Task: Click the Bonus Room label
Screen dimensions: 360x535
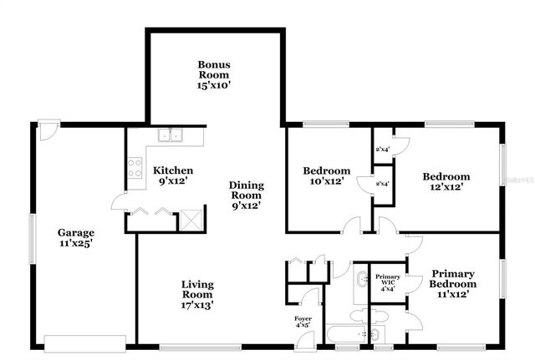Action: [x=214, y=74]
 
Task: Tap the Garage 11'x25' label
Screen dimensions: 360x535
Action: [x=75, y=238]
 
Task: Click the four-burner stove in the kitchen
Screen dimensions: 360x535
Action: [x=134, y=167]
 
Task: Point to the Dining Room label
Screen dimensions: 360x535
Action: [x=247, y=195]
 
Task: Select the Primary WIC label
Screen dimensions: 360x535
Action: [x=387, y=281]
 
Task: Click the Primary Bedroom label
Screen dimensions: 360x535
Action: [x=454, y=283]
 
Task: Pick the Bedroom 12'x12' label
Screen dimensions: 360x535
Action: [x=446, y=181]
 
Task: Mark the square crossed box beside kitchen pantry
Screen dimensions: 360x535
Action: [x=191, y=220]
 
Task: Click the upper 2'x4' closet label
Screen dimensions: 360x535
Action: [x=382, y=150]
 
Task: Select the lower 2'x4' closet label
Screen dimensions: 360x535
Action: [x=382, y=184]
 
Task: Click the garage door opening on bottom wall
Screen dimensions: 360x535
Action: [x=84, y=342]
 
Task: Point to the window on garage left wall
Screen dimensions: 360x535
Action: [x=33, y=237]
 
